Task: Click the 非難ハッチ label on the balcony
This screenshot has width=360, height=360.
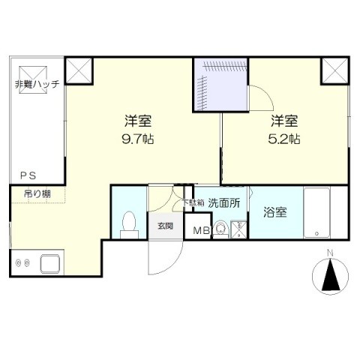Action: tap(37, 84)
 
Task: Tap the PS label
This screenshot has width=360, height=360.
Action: tap(28, 176)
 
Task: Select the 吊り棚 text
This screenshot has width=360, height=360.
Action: tap(37, 193)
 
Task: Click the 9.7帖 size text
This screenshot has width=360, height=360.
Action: tap(138, 139)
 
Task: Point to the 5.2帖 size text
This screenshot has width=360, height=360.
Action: tap(284, 139)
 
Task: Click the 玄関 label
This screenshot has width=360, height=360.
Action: tap(165, 226)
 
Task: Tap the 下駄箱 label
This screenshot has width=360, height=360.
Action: tap(193, 202)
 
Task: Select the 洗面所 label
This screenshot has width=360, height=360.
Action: tap(224, 203)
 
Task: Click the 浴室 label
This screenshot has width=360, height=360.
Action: tap(275, 212)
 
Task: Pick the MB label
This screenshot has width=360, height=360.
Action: tap(202, 231)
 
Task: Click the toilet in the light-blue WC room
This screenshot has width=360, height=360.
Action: tap(129, 224)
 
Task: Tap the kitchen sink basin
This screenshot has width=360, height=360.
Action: tap(50, 264)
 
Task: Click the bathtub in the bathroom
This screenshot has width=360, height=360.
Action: tap(316, 212)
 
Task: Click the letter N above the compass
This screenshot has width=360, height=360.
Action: tap(331, 253)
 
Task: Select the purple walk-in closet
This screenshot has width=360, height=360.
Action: tap(220, 85)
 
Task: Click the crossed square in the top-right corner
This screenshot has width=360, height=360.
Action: tap(334, 70)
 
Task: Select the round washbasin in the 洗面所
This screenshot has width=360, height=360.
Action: tap(220, 228)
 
